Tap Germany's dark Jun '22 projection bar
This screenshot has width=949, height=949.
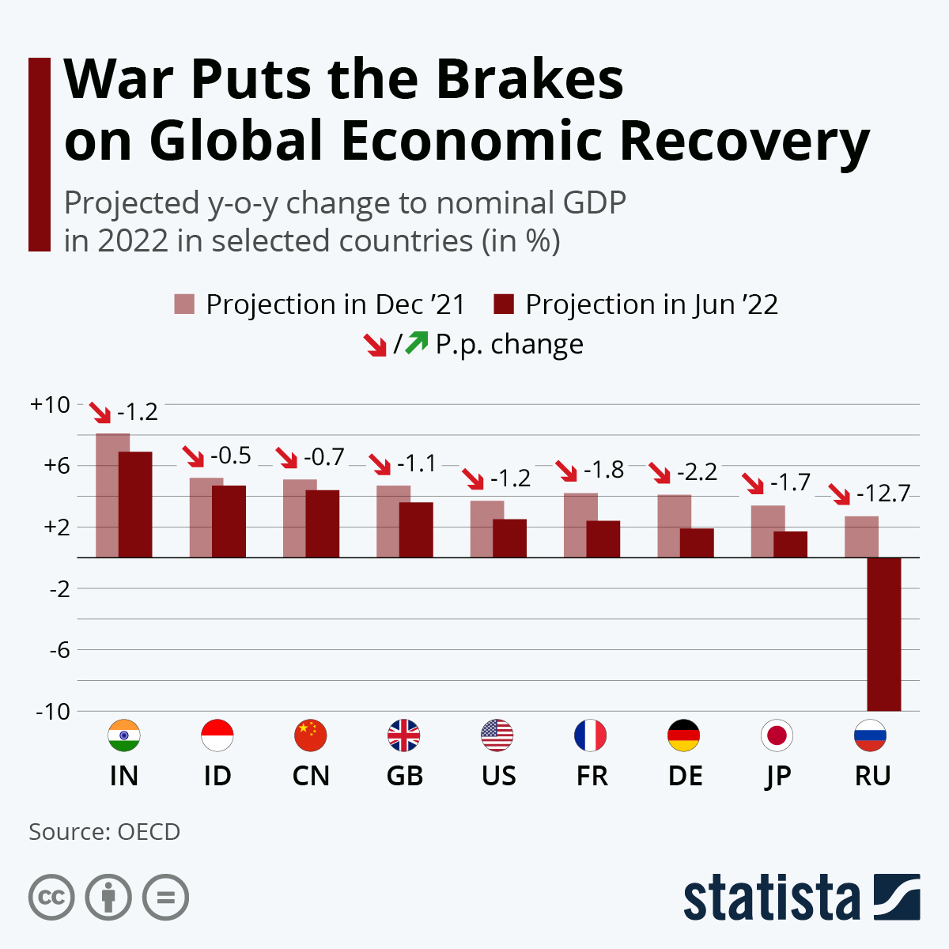click(697, 543)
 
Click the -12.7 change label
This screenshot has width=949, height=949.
click(883, 493)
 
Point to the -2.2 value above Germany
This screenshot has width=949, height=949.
click(697, 472)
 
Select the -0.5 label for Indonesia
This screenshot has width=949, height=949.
click(230, 456)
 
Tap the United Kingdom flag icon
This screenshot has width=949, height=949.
click(404, 735)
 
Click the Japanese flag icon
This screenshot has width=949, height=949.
click(777, 735)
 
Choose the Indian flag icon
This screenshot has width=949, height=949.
click(123, 735)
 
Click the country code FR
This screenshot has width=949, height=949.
click(592, 776)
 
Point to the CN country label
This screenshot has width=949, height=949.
click(311, 776)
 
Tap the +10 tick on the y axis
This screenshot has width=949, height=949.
click(50, 405)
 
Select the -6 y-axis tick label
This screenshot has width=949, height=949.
click(59, 650)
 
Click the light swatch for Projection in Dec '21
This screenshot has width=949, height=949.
click(184, 304)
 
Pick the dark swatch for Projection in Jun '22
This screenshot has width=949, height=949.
click(504, 304)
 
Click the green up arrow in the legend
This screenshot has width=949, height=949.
click(417, 343)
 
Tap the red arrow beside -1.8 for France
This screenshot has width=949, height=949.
click(566, 471)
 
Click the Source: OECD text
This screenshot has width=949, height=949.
click(104, 832)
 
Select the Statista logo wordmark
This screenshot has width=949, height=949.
click(771, 898)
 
